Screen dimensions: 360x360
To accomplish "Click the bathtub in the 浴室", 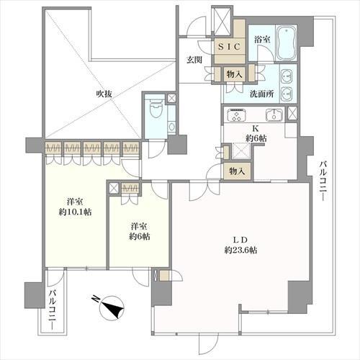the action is click(286, 43).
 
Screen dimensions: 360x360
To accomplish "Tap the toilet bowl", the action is click(156, 109).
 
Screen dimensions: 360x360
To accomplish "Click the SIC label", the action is click(230, 47).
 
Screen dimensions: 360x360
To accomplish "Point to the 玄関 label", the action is click(194, 60).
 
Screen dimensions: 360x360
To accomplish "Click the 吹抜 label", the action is click(104, 94).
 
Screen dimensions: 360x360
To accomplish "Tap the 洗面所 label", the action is click(262, 94).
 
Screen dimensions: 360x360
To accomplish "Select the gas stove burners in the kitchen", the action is click(236, 114).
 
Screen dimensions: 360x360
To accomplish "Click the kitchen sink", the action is click(274, 115).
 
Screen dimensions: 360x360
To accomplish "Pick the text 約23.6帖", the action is click(241, 251).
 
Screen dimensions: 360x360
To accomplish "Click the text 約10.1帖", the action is click(75, 212).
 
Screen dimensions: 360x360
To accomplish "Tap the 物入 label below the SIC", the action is click(235, 74).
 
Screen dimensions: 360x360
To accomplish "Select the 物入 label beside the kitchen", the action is click(237, 171).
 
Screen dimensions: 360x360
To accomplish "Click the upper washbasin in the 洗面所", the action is click(287, 75).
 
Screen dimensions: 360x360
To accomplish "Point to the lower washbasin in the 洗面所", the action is click(287, 93).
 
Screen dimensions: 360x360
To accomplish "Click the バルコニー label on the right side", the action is click(323, 181).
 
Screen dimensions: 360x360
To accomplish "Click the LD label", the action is click(240, 240).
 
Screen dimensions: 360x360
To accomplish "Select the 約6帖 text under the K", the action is click(256, 138).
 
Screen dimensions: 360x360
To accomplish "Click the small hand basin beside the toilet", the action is click(171, 126).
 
